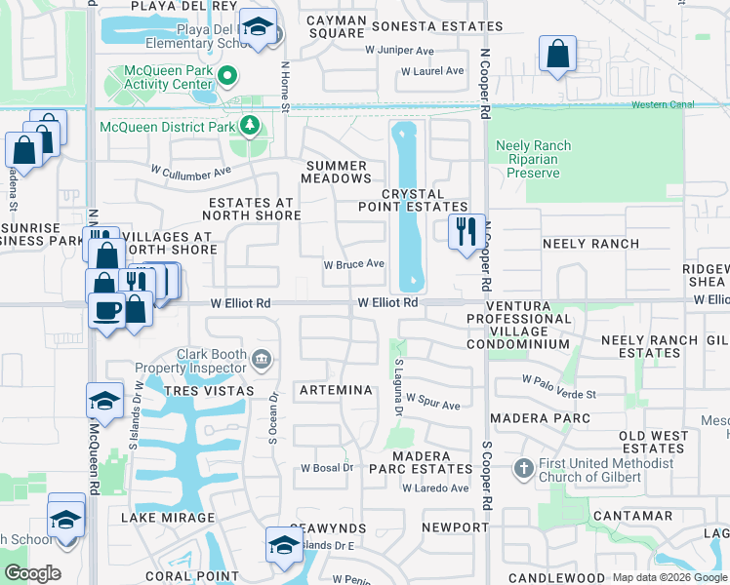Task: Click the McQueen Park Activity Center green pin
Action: click(227, 75)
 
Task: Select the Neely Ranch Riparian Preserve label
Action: click(534, 159)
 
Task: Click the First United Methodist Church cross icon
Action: click(523, 470)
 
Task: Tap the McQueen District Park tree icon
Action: click(251, 126)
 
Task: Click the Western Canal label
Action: click(662, 104)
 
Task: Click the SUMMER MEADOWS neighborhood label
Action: click(337, 172)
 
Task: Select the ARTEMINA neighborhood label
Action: click(337, 390)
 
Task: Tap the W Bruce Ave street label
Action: click(354, 264)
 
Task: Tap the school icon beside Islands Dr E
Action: click(283, 543)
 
